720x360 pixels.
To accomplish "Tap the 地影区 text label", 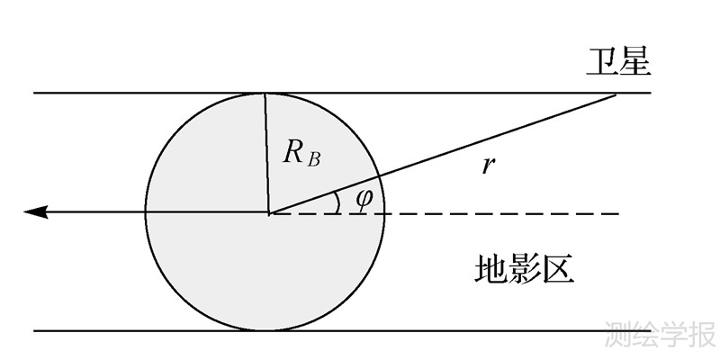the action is [524, 269].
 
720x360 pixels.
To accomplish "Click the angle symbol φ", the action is [363, 200].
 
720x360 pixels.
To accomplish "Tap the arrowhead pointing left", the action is [35, 212].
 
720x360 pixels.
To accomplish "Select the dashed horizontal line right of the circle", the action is [504, 213].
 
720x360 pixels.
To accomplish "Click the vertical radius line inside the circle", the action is [266, 153].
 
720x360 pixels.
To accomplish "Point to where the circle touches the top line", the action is [265, 94].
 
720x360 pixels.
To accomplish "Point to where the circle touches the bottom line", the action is [266, 330].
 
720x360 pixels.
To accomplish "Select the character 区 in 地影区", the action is [558, 269].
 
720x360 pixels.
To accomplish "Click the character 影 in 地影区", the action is [524, 269].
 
